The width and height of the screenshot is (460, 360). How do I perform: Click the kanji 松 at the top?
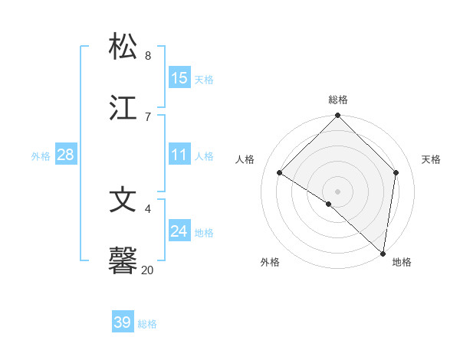point(123,47)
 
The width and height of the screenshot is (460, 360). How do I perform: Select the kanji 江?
point(123,107)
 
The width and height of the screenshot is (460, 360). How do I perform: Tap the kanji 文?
point(123,200)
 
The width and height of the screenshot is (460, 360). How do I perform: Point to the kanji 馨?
point(123,260)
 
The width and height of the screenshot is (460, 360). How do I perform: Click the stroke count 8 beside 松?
point(147,56)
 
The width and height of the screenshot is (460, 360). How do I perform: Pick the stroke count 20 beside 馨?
point(147,270)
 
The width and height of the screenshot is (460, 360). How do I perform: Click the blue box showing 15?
point(179,78)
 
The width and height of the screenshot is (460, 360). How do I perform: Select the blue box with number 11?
point(179,155)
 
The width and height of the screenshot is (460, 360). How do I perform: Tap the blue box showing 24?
point(179,231)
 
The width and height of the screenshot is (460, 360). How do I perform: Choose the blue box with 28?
point(65,155)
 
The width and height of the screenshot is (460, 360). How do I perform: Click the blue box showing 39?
point(122,322)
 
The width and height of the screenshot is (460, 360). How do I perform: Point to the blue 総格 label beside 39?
point(148,324)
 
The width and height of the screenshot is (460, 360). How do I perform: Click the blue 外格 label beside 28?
point(41,156)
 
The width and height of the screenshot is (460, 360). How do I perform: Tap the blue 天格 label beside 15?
point(204,80)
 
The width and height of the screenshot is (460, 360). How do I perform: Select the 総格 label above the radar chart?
point(338,100)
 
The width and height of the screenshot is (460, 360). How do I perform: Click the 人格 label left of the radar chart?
point(245,159)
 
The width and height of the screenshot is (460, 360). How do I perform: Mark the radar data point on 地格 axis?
point(383,253)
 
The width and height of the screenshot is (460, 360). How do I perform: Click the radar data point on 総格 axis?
point(337,116)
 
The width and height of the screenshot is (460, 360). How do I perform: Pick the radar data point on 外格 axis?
point(328,204)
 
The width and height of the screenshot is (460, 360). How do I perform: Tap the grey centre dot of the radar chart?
point(337,191)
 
